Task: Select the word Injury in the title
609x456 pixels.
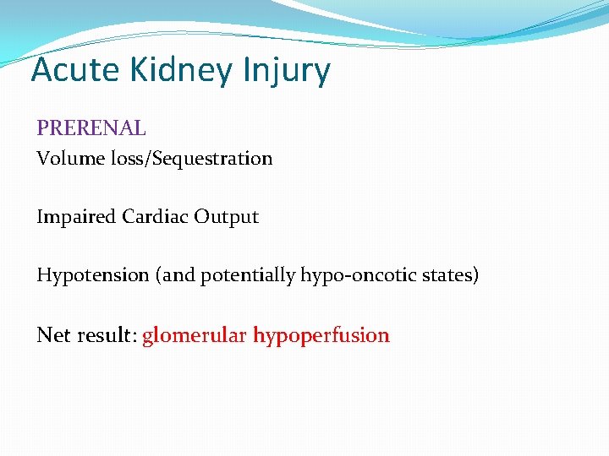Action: point(288,70)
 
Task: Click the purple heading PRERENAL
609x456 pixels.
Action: point(91,128)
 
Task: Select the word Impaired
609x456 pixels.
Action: point(76,216)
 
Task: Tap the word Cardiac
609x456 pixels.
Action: point(155,216)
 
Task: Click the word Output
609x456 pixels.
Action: point(226,216)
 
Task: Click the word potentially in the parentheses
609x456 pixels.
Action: point(248,274)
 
